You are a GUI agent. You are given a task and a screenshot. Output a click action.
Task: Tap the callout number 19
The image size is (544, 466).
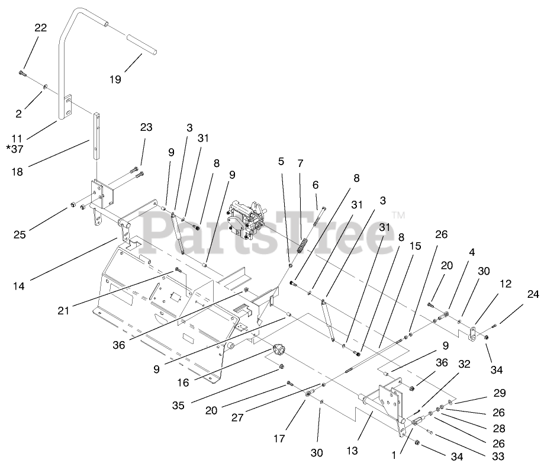(115, 79)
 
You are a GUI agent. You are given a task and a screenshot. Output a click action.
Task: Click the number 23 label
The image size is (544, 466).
(146, 127)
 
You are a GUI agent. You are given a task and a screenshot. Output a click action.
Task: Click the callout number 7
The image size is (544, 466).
(301, 162)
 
